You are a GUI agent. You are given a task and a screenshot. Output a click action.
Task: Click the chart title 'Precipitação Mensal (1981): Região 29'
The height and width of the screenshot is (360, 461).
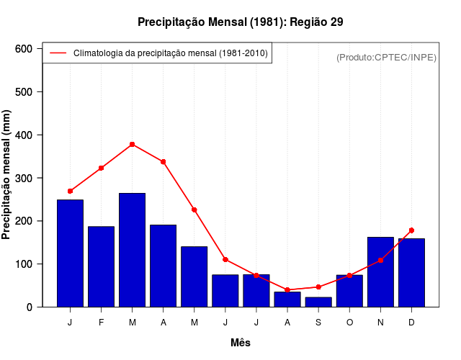click(240, 22)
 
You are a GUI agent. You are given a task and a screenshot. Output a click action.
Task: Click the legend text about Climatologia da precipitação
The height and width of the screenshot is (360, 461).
click(171, 53)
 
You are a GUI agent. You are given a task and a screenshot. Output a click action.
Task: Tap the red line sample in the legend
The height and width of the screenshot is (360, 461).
click(58, 53)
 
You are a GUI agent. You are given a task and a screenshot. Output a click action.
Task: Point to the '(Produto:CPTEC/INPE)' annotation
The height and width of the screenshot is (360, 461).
click(387, 57)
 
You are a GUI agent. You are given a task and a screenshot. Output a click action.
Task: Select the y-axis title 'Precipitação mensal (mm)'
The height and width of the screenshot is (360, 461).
click(7, 174)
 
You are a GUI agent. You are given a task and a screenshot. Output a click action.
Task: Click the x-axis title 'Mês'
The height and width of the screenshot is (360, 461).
click(241, 343)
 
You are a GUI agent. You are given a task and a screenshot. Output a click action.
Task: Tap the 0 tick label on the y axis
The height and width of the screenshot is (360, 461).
click(30, 307)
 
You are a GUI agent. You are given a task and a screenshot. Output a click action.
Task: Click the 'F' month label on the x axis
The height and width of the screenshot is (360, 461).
click(102, 323)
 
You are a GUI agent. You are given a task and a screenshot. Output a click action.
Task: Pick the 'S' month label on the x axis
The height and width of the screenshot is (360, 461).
click(318, 323)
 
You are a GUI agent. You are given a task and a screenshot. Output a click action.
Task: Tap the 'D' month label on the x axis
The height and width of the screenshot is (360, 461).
click(411, 323)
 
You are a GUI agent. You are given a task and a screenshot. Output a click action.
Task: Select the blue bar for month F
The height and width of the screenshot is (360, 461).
click(102, 266)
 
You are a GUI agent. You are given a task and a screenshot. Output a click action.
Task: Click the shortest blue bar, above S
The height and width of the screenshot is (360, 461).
click(318, 302)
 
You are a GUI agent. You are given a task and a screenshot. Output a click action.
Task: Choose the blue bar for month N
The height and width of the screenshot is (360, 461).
click(380, 271)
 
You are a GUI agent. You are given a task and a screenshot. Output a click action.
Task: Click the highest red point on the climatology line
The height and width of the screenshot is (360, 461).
click(133, 144)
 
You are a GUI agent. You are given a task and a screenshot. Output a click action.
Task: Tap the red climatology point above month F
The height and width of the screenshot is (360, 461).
click(102, 168)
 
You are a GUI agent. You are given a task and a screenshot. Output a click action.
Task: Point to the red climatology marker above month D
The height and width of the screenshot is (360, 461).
click(411, 230)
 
